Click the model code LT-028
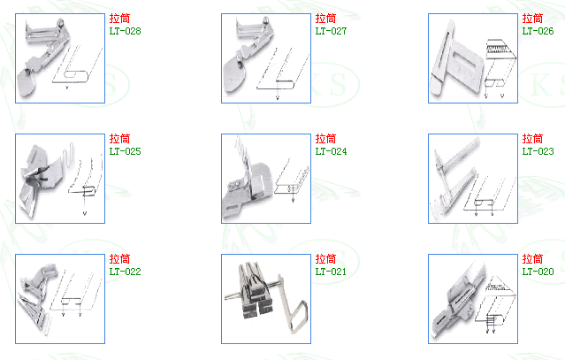tap(125, 31)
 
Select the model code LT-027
tap(331, 31)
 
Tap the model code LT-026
tap(538, 31)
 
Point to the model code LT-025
tap(125, 151)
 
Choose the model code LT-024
tap(331, 151)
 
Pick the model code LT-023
tap(538, 151)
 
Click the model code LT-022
tap(125, 272)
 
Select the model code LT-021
tap(331, 272)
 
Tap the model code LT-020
tap(538, 272)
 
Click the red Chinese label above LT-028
tap(119, 19)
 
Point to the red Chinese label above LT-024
tap(325, 139)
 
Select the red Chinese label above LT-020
tap(532, 259)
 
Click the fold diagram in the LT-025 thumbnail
tap(86, 182)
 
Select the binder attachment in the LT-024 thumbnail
tap(248, 180)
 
